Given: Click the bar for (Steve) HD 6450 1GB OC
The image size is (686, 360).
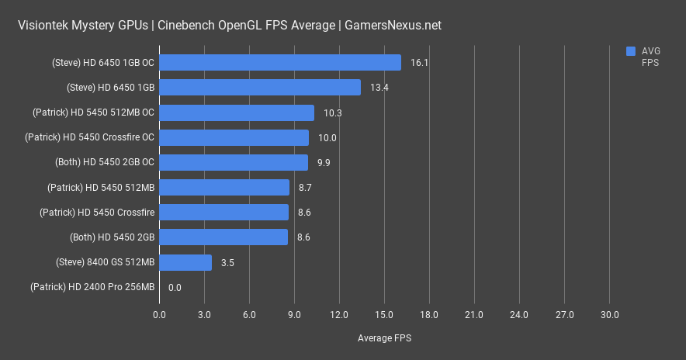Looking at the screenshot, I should point(279,63).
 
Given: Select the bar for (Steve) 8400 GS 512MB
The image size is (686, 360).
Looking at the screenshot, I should point(185,263).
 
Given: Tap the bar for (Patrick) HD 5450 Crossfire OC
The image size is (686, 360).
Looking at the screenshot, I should point(234,138).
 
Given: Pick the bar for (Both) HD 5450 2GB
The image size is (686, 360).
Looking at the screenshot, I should point(223,237).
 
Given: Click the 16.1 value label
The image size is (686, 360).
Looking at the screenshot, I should point(420,63).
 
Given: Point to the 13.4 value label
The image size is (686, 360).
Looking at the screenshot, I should point(379,88).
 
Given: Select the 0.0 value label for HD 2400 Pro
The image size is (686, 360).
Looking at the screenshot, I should point(175,288).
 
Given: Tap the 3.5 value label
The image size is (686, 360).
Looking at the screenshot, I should point(227,263).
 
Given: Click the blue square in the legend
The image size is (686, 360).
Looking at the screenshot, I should point(631,51).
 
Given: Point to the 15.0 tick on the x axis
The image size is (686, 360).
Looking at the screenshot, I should point(384,314).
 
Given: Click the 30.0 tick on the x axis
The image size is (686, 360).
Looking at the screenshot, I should point(609,314).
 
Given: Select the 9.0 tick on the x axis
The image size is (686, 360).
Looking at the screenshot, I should point(294,314).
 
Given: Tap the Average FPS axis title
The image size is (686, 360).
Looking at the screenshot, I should point(384,338).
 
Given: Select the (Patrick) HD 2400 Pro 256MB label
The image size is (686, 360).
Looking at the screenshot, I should point(92,288).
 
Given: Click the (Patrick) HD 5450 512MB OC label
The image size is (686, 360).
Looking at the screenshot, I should point(94,112).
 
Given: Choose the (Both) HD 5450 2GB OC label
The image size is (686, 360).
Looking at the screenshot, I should point(105,163).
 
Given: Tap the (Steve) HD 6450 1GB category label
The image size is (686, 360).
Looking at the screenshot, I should point(111,88).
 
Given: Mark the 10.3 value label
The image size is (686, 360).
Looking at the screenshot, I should point(333,112).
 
